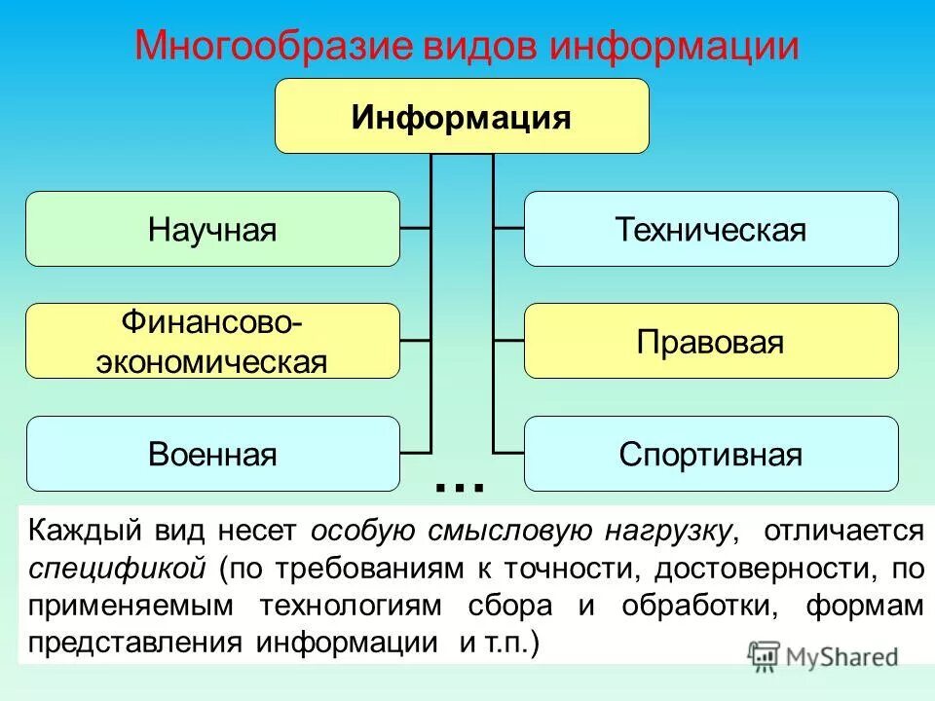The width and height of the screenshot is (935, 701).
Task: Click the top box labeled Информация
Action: [x=462, y=117]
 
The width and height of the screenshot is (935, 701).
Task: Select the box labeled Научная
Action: [x=212, y=230]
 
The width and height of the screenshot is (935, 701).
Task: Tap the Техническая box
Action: [x=711, y=230]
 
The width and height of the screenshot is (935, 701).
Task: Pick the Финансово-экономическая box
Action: [x=212, y=342]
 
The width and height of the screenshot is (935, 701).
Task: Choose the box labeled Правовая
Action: [x=711, y=342]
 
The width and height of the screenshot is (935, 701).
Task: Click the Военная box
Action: [x=212, y=455]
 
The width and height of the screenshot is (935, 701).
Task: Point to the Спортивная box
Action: [x=711, y=455]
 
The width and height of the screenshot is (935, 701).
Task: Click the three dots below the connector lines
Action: [x=461, y=484]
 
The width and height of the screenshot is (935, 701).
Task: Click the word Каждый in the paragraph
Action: [x=82, y=532]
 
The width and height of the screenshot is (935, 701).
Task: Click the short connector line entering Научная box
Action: [x=415, y=229]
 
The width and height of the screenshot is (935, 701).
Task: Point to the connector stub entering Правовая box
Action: [x=508, y=341]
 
